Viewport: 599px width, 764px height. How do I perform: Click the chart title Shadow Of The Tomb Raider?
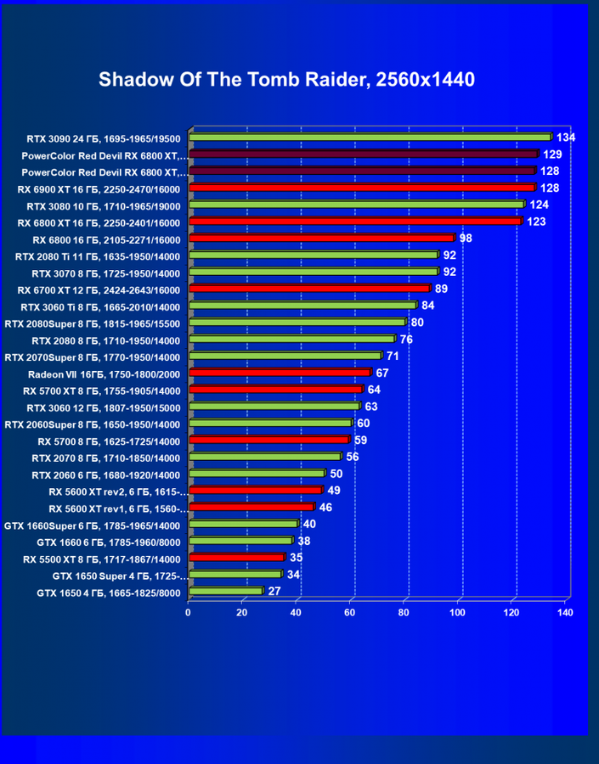[x=286, y=80]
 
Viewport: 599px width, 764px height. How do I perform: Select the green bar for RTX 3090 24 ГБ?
[x=370, y=137]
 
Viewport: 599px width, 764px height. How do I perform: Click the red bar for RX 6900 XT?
[x=361, y=188]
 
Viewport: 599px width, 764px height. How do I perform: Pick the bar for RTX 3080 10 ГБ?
[x=357, y=205]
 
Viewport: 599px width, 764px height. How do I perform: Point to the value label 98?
[x=466, y=239]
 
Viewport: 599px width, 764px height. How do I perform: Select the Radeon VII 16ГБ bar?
[x=280, y=373]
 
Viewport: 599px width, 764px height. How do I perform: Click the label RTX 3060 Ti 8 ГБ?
[x=100, y=306]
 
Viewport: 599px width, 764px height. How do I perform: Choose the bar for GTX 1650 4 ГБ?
[x=226, y=592]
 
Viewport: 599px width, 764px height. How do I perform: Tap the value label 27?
[x=274, y=592]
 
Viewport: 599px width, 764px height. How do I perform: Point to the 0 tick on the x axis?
[x=189, y=611]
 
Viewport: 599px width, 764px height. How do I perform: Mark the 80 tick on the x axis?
[x=404, y=611]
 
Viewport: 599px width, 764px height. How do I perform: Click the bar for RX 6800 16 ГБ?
[x=321, y=239]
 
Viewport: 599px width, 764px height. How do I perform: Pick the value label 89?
[x=442, y=289]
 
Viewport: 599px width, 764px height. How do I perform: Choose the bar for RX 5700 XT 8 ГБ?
[x=276, y=390]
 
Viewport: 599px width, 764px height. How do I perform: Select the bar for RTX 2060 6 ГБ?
[x=257, y=474]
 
